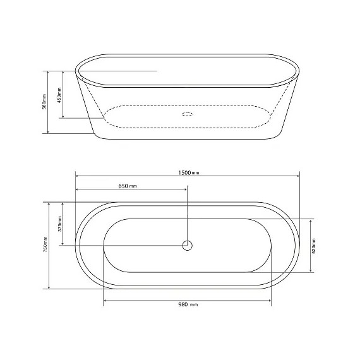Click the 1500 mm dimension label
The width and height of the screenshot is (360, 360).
[x=189, y=172]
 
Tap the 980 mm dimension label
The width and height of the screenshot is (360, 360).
[x=188, y=304]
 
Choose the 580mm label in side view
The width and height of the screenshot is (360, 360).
[x=44, y=102]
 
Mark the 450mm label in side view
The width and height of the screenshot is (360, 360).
[x=60, y=95]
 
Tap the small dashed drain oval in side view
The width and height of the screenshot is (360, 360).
[x=188, y=114]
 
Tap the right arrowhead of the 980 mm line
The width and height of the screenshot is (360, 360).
[x=270, y=300]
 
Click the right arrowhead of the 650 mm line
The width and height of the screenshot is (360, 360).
[x=186, y=189]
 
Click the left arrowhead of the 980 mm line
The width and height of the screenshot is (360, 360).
[x=105, y=300]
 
